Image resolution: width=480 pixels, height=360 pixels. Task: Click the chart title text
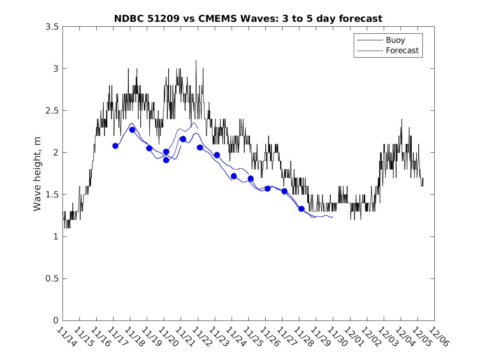tap(248, 19)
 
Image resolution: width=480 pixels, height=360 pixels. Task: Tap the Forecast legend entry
tap(402, 51)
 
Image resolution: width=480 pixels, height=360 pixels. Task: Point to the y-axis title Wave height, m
tap(37, 174)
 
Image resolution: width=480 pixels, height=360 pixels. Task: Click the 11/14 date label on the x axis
tap(66, 337)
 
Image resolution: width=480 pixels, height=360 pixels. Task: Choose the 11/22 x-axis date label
tap(202, 337)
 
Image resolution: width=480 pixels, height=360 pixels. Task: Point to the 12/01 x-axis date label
tap(354, 337)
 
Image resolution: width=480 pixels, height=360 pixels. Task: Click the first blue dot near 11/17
tap(115, 146)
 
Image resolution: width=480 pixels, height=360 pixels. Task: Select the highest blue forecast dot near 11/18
tap(132, 130)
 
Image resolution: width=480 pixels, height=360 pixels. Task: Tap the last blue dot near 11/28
tap(301, 209)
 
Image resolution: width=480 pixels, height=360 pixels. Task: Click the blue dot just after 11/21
tap(183, 139)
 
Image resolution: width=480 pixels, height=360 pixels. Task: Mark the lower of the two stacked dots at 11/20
tap(166, 160)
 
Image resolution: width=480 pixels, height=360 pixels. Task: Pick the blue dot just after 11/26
tap(267, 188)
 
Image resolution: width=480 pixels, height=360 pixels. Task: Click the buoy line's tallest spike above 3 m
tap(196, 61)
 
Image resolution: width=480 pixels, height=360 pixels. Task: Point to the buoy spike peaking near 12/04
tap(401, 120)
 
